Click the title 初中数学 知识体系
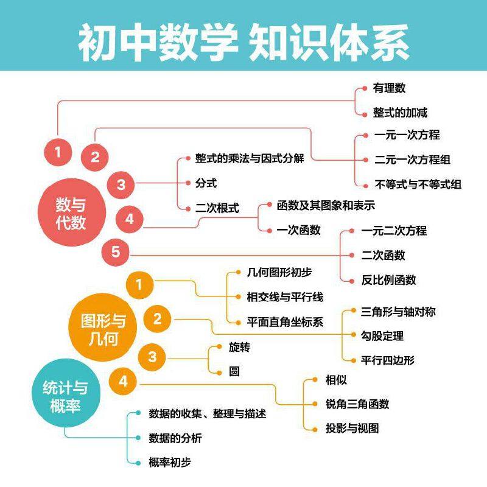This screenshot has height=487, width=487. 243,41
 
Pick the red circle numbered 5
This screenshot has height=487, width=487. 116,251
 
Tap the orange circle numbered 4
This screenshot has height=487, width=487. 124,382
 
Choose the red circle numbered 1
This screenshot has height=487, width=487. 58,152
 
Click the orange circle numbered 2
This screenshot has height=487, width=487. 157,318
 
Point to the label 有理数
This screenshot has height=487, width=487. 390,88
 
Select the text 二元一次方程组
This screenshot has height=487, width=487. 412,159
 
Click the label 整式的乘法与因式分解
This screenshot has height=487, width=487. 250,159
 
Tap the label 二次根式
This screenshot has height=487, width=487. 217,208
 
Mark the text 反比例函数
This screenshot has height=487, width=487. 388,280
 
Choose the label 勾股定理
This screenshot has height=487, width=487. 382,335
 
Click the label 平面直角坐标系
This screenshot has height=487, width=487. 284,323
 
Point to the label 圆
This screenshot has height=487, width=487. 234,371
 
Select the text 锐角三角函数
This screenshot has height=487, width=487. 357,404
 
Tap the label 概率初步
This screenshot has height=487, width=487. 170,462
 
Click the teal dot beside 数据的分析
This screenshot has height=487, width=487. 136,438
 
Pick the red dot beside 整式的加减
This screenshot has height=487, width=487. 364,113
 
